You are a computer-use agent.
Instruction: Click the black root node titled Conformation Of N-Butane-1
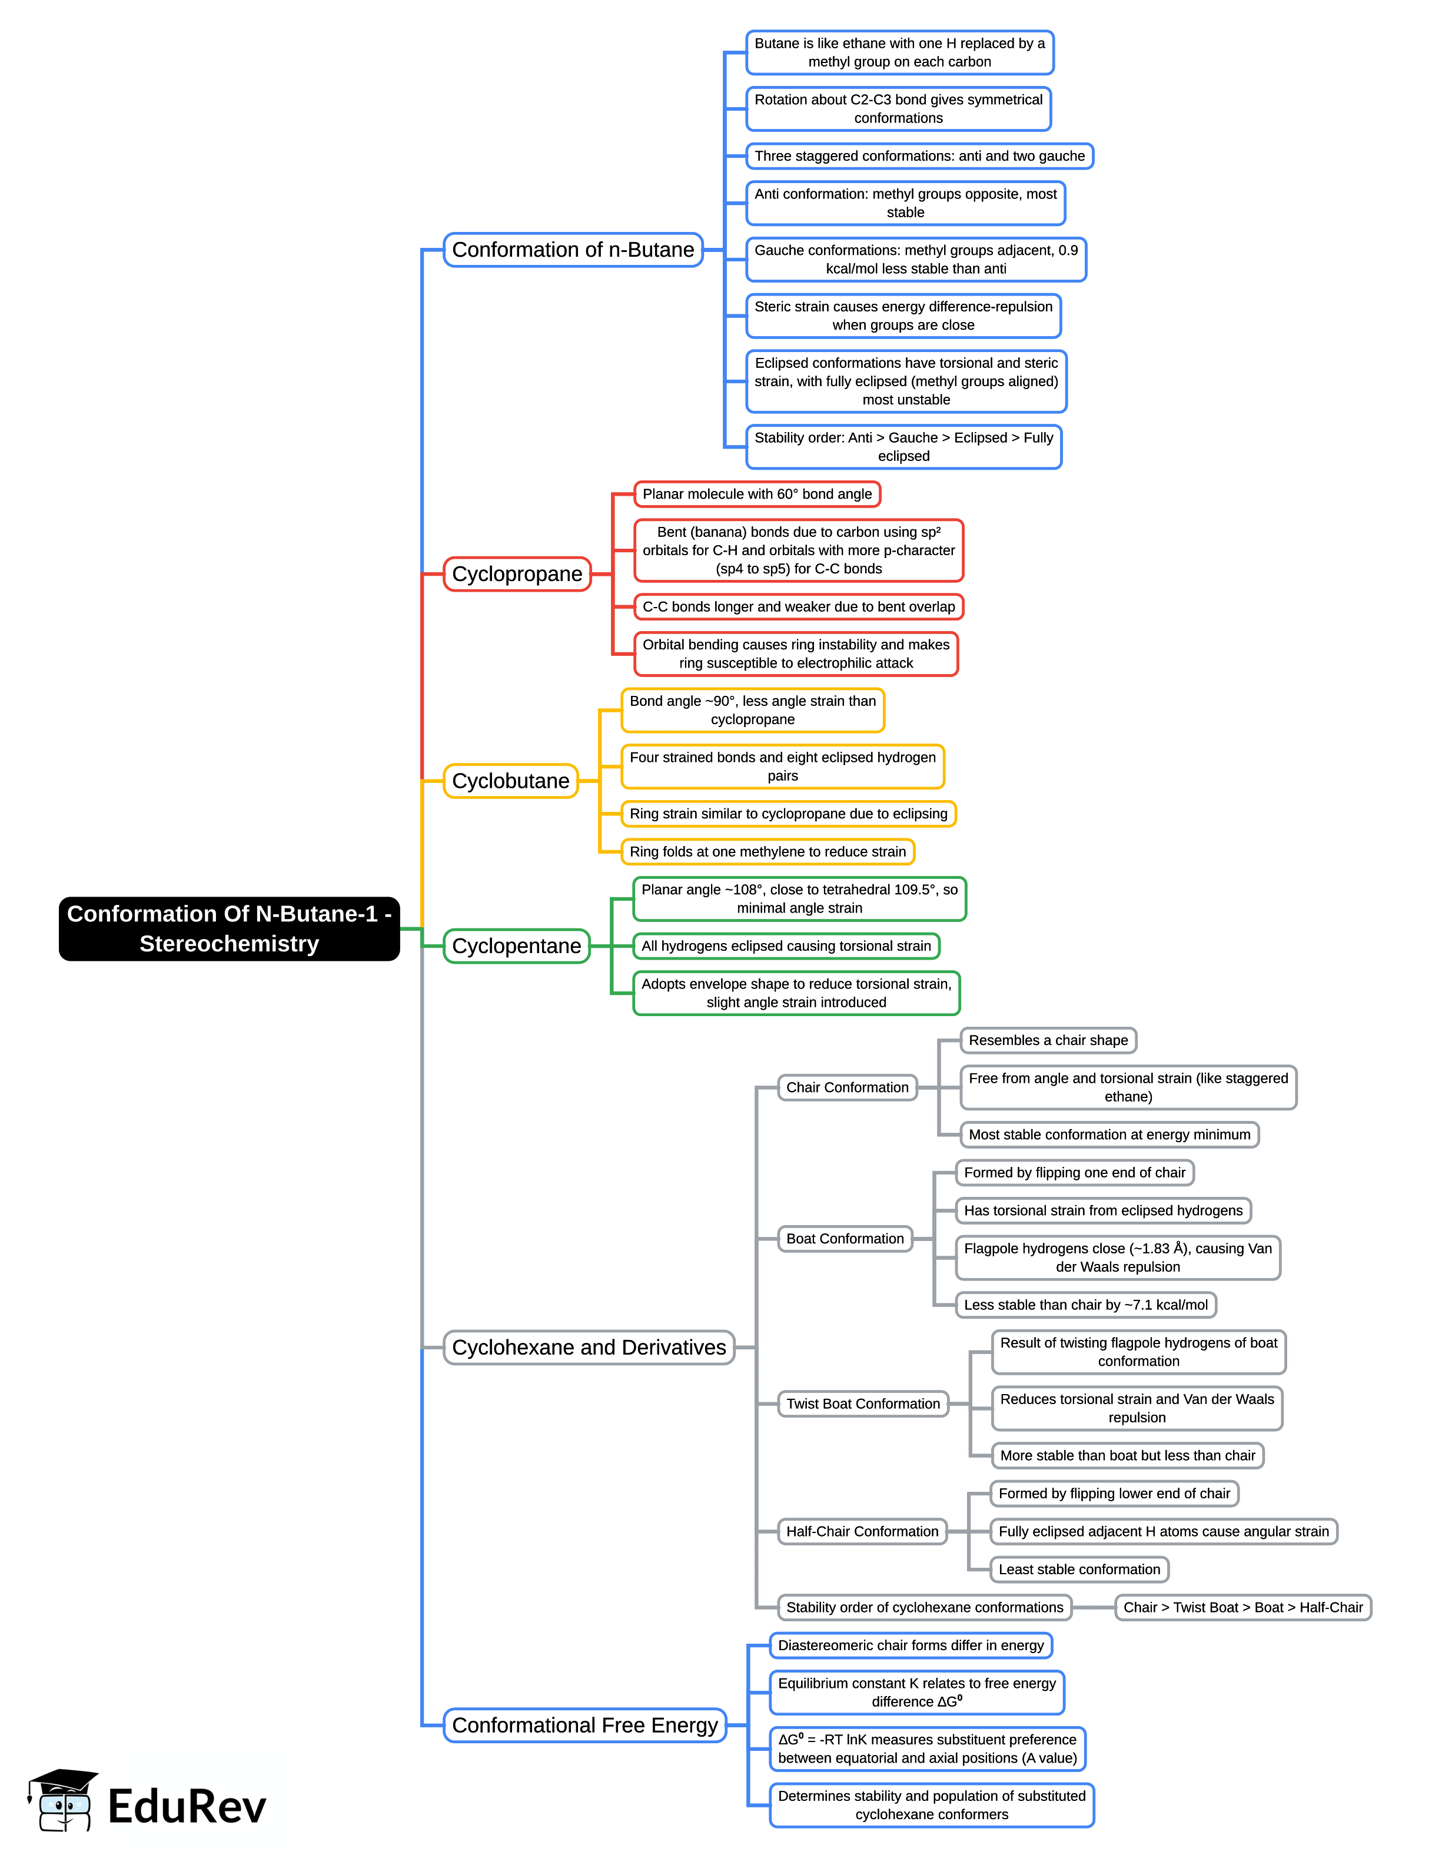(x=229, y=928)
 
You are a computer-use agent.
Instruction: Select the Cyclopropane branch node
(x=517, y=574)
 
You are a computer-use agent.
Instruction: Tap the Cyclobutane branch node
(x=510, y=781)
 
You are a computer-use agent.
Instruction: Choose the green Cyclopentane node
(x=516, y=946)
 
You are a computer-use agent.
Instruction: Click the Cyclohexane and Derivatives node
(x=589, y=1348)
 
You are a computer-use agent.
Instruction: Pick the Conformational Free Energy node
(x=585, y=1726)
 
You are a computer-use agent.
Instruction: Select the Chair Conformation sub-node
(x=847, y=1087)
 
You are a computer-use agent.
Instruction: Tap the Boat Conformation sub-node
(x=845, y=1239)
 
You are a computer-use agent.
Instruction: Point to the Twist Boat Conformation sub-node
(x=862, y=1404)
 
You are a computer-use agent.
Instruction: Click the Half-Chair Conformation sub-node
(x=862, y=1531)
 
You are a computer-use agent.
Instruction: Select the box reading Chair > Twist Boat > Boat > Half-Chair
(x=1242, y=1607)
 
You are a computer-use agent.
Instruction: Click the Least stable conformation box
(x=1079, y=1570)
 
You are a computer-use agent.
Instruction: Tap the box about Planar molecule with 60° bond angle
(x=757, y=495)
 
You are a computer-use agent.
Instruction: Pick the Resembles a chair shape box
(x=1048, y=1040)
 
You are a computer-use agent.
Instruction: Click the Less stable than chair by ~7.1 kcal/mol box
(x=1085, y=1305)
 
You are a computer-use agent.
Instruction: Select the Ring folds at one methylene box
(x=767, y=851)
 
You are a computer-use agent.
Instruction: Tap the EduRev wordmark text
(x=187, y=1807)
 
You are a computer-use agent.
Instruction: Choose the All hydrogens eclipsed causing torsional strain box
(x=786, y=946)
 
